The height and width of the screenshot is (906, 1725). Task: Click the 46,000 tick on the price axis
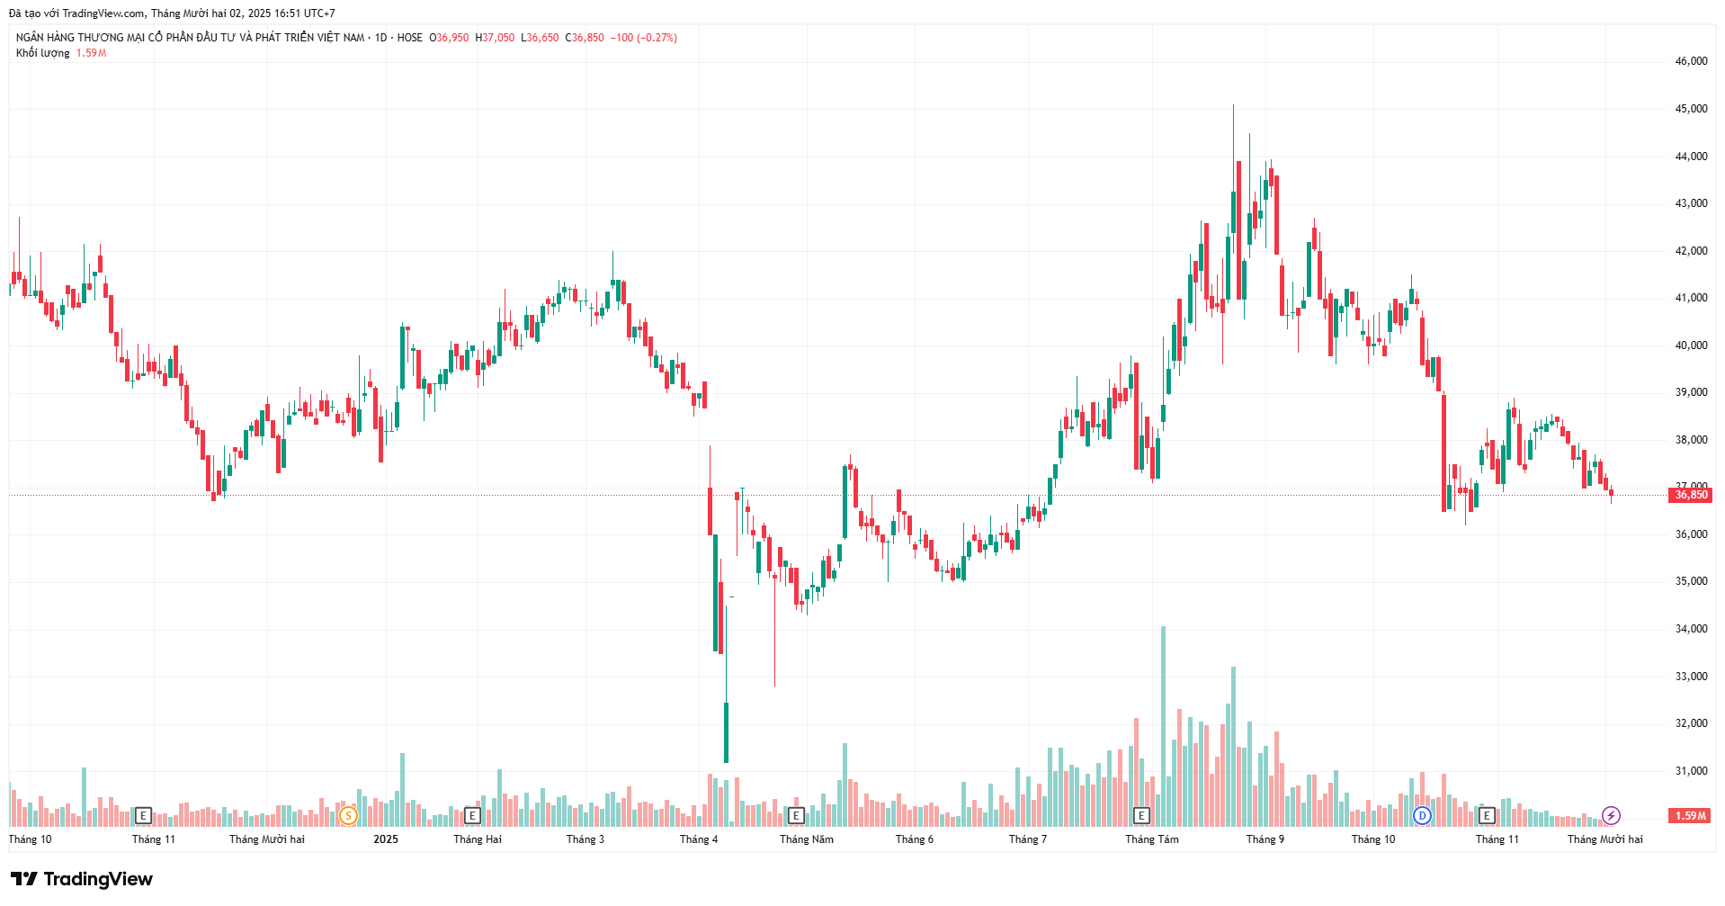1691,61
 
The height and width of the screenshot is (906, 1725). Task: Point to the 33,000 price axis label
1691,677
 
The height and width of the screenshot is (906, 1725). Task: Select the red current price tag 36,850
1691,495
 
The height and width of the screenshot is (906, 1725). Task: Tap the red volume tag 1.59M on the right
1690,816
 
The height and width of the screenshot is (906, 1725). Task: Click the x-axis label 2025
386,839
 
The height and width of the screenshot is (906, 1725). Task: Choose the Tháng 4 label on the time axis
699,839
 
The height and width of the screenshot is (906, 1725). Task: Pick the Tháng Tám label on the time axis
1151,839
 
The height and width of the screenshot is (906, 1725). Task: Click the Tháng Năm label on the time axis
806,839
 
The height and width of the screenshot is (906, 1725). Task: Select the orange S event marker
348,816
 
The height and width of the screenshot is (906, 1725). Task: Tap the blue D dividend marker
1422,816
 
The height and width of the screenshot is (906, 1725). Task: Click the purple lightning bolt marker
1611,816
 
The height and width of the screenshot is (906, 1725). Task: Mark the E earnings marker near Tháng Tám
1141,816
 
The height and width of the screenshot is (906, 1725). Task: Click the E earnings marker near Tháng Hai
472,816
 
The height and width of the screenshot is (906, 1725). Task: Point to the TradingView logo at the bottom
82,879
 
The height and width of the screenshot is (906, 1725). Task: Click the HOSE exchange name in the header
409,38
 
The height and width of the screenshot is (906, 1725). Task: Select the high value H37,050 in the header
496,38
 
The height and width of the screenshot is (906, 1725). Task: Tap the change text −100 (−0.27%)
644,38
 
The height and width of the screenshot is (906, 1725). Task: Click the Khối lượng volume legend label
42,53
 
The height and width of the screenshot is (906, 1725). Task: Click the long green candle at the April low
726,732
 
